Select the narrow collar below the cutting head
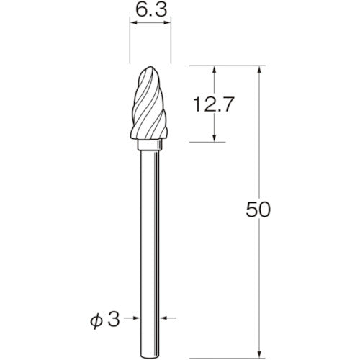pyautogui.click(x=150, y=147)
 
